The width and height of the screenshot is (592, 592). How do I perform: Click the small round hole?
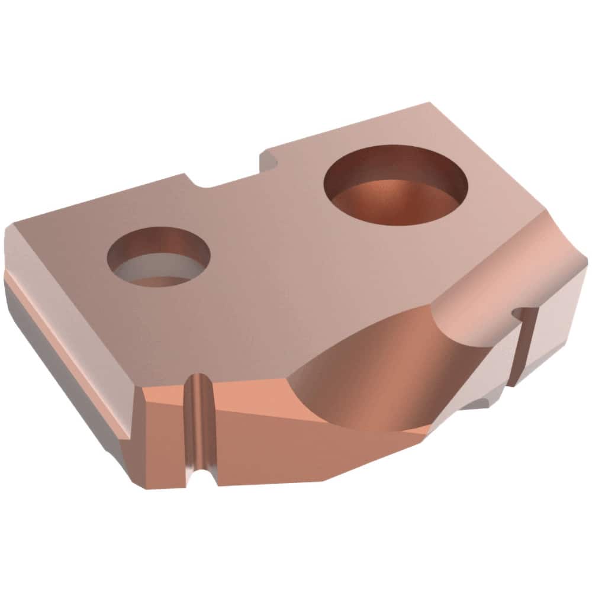tap(159, 258)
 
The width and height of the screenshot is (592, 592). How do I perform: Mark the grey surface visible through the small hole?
tap(148, 271)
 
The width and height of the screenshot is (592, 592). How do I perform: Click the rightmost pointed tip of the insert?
tap(586, 260)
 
